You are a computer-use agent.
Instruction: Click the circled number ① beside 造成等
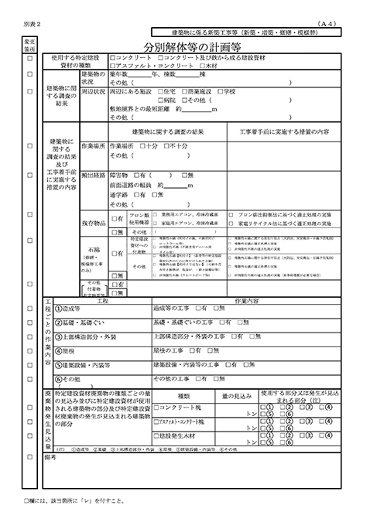58,308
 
